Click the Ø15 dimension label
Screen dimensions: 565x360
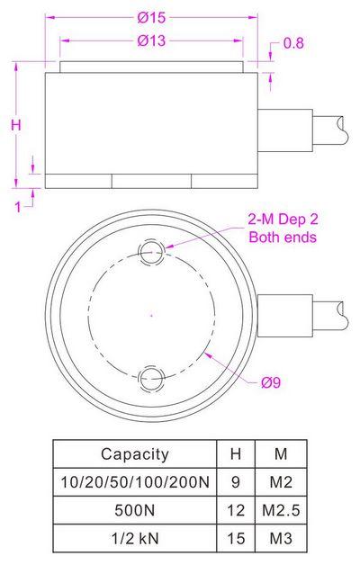click(x=152, y=17)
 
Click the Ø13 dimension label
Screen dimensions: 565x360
click(x=152, y=40)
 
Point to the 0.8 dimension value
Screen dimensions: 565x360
click(x=293, y=43)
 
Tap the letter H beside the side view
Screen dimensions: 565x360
click(x=15, y=126)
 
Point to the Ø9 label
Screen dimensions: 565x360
click(x=270, y=382)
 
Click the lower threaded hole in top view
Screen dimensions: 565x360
click(x=151, y=376)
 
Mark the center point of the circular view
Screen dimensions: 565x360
click(x=151, y=314)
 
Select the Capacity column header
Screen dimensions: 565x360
click(x=134, y=454)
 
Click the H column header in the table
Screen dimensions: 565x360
click(x=235, y=454)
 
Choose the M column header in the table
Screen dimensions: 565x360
click(x=280, y=454)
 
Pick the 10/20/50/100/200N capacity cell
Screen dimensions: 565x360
click(x=134, y=482)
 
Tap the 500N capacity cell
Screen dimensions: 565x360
click(x=134, y=510)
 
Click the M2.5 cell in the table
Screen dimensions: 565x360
click(x=280, y=510)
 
